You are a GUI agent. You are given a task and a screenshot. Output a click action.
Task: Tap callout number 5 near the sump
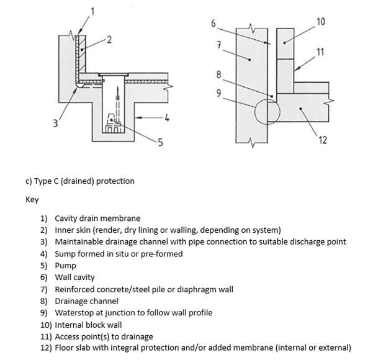(x=160, y=143)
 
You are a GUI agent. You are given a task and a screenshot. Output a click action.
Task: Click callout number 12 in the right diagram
(x=322, y=140)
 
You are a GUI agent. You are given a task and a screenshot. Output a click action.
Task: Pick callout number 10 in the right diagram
(x=320, y=22)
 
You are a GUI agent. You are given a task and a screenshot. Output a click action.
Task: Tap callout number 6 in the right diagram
(x=213, y=24)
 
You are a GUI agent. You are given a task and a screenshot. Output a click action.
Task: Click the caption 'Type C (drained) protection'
(x=79, y=181)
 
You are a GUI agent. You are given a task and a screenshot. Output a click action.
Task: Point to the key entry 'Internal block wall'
(x=91, y=324)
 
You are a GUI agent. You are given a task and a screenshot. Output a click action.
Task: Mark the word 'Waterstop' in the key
(x=74, y=313)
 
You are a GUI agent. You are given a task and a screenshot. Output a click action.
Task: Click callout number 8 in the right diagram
(x=218, y=75)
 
